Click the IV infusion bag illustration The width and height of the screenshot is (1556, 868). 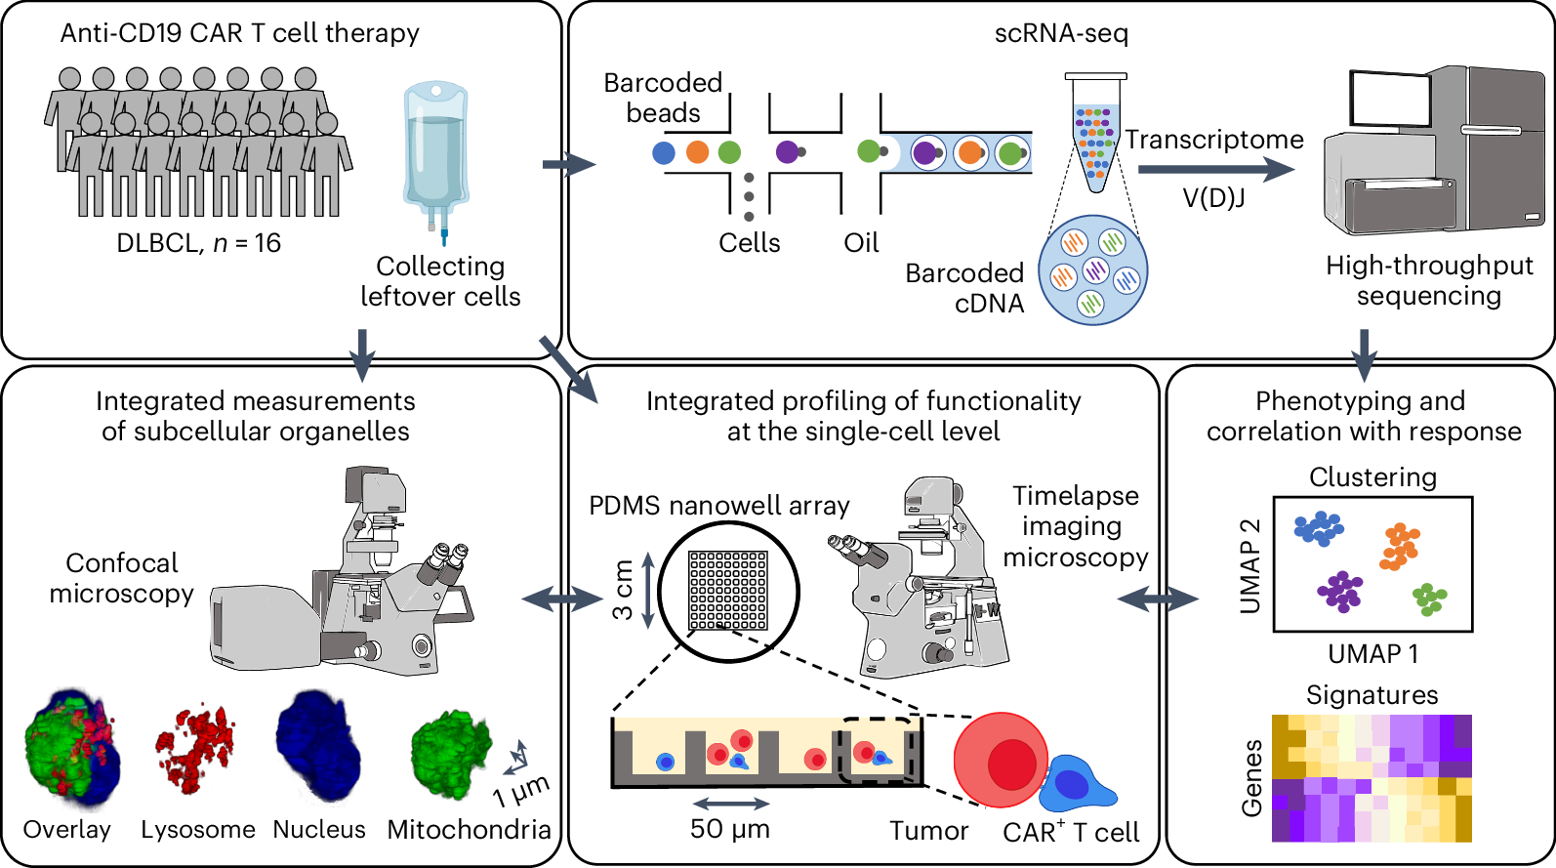[436, 156]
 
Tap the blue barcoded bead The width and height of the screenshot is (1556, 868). [664, 152]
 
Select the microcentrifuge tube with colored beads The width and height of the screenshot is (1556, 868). [1095, 132]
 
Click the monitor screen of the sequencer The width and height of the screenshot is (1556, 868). [1389, 100]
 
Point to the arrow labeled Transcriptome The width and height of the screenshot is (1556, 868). [1215, 169]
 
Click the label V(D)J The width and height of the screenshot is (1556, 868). [1213, 198]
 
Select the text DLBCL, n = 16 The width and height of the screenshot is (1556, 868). [198, 243]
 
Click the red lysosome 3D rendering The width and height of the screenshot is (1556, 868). [195, 749]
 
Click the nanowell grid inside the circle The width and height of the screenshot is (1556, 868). [727, 590]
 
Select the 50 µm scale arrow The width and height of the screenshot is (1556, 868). [730, 804]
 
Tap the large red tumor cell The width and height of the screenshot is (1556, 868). [1002, 762]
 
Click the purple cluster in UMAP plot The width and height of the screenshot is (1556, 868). [1340, 592]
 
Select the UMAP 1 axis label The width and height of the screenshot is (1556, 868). [1372, 654]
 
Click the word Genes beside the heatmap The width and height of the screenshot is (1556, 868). [1252, 777]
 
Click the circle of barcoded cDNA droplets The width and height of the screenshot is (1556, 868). [1092, 270]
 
